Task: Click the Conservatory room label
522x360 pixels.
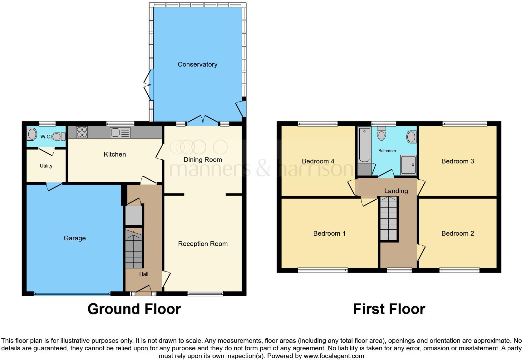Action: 197,64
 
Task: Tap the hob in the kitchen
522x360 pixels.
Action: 82,132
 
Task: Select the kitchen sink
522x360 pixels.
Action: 120,132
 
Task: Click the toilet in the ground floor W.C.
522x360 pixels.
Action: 58,137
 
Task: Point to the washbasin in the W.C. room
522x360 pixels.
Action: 32,135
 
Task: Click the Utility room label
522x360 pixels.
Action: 46,166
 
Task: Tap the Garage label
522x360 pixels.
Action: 75,238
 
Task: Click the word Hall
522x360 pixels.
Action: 144,274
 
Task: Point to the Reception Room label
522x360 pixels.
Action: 203,244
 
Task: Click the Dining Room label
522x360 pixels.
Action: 203,160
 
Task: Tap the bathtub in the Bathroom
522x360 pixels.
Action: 364,144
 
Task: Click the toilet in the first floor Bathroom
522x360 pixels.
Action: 381,134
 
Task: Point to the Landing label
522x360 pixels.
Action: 396,191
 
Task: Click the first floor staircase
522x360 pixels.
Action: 389,219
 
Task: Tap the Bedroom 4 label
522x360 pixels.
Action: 318,161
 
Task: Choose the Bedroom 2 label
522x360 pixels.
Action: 457,233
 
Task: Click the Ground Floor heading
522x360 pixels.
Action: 134,309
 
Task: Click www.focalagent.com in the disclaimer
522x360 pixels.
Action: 334,356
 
